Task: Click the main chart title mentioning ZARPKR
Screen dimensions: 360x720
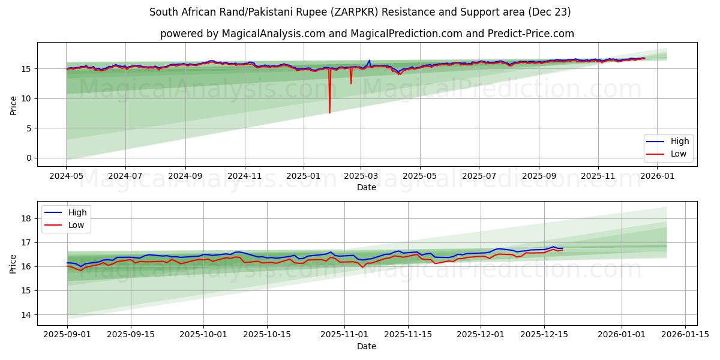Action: pos(360,12)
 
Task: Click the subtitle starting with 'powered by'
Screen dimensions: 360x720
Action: pos(367,34)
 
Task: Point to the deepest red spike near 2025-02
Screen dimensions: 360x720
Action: pos(329,112)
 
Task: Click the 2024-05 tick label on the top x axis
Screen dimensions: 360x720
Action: pos(67,176)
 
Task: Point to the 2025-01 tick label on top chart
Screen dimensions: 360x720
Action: pos(303,176)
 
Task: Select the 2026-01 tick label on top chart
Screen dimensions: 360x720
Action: pos(659,176)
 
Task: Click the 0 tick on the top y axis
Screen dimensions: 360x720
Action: pos(27,158)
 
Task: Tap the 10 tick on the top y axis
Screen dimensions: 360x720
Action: pos(25,98)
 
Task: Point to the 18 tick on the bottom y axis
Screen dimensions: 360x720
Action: pos(25,218)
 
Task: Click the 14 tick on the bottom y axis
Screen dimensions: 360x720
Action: pos(25,314)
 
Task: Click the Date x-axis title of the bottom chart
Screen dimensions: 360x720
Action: pos(367,346)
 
